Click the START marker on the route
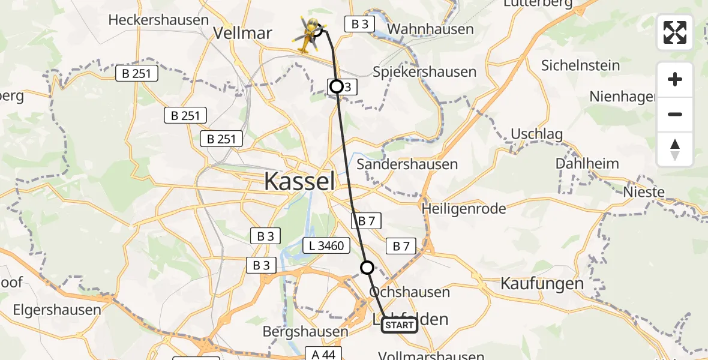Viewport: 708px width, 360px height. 399,325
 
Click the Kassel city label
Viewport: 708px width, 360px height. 299,180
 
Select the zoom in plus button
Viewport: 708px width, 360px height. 675,79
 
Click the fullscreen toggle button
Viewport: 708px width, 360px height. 675,32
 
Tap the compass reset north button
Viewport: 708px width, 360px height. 675,149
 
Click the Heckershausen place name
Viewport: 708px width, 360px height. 158,20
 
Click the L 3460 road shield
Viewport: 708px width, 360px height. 326,245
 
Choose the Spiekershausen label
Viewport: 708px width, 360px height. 424,72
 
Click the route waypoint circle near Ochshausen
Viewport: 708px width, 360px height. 367,268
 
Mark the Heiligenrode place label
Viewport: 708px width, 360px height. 464,209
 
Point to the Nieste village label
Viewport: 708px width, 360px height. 644,192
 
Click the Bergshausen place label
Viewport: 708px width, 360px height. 305,331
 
